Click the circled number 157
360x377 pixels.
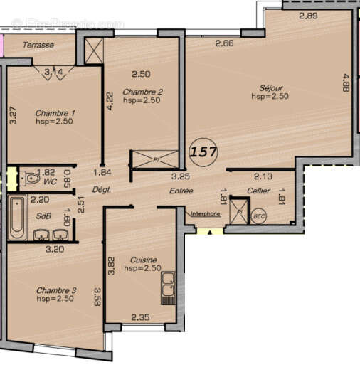(x=204, y=152)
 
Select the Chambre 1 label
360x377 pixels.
(x=54, y=113)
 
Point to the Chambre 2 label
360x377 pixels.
(x=142, y=92)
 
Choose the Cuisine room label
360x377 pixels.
(x=139, y=260)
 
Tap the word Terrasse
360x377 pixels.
(x=36, y=45)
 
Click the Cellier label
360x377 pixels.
(x=259, y=191)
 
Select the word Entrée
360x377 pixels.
(x=181, y=191)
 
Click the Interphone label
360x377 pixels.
(x=205, y=213)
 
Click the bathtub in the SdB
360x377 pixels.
(x=17, y=217)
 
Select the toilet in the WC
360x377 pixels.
(x=28, y=178)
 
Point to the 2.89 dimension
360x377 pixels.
(x=307, y=16)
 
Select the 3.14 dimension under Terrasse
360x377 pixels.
(x=53, y=72)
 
